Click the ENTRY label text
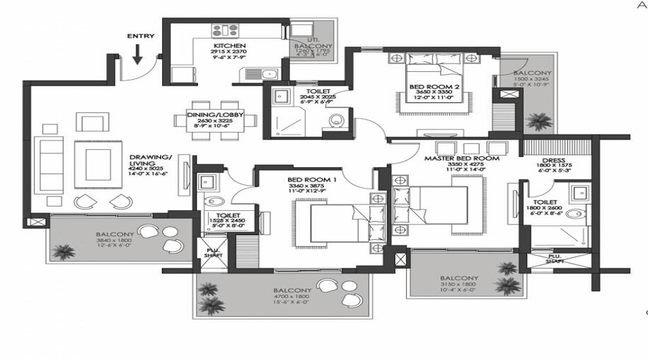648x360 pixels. click(x=140, y=35)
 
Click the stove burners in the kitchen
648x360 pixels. click(x=225, y=30)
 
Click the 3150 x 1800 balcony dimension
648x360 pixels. click(x=459, y=286)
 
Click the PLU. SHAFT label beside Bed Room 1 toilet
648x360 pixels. click(x=214, y=253)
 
